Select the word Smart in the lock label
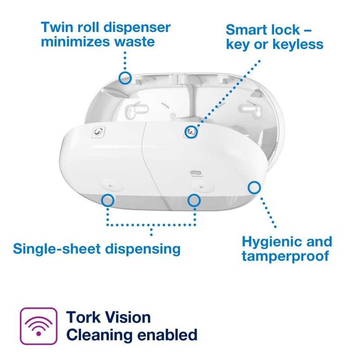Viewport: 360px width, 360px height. [246, 30]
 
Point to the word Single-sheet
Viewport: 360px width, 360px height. [57, 249]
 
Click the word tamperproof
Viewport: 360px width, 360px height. [286, 256]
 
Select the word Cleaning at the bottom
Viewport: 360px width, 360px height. [99, 335]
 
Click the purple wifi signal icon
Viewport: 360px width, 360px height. [39, 326]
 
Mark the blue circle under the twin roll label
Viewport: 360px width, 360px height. [125, 78]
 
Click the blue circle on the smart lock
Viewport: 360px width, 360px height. [191, 132]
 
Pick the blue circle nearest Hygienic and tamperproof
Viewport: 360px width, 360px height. [254, 187]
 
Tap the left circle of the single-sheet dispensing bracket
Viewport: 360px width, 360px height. [108, 200]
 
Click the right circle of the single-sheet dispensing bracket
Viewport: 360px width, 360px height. [194, 200]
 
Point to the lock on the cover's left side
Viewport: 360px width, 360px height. [99, 132]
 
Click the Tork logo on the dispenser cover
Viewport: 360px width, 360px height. [196, 172]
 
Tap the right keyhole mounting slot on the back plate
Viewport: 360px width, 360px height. [251, 110]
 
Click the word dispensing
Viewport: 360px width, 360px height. [143, 249]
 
